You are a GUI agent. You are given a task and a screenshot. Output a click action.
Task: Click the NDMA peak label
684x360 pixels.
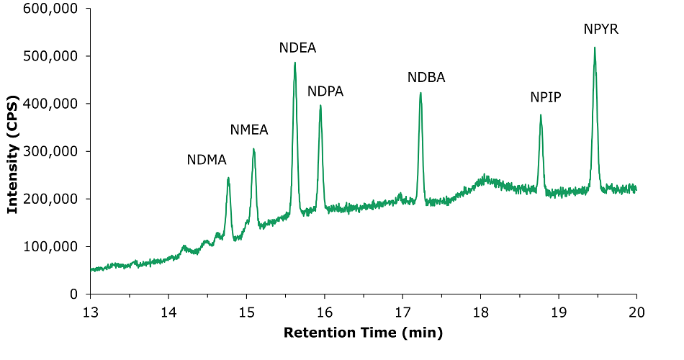tap(207, 160)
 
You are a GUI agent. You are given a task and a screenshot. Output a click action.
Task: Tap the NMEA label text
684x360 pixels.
tap(249, 130)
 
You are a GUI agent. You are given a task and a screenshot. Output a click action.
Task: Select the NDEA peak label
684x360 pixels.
tap(297, 48)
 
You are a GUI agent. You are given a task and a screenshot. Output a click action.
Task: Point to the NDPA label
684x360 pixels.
tap(325, 91)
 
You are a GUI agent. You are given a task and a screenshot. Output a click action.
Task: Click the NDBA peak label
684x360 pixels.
tap(426, 78)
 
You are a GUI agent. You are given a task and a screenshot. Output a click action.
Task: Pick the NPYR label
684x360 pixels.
tap(601, 30)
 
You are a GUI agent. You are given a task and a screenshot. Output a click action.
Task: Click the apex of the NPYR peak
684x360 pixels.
tap(595, 48)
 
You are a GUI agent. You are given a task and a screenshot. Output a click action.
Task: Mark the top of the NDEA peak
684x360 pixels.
tap(295, 63)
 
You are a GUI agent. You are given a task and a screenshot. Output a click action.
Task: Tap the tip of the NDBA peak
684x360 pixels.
tap(420, 93)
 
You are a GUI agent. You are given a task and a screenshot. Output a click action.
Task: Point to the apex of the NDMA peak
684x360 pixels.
tap(228, 178)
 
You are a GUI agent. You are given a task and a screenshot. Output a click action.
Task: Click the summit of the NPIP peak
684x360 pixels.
tap(541, 115)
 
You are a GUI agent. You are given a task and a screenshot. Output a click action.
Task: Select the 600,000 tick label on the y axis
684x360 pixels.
tap(52, 9)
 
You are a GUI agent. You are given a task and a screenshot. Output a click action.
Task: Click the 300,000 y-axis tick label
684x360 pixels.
tap(52, 151)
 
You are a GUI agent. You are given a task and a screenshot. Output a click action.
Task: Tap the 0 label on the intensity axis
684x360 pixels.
tap(75, 294)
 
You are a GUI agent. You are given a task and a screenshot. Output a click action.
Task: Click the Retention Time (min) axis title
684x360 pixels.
tap(363, 333)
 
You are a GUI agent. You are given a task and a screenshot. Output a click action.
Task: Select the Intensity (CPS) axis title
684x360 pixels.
tap(12, 151)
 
